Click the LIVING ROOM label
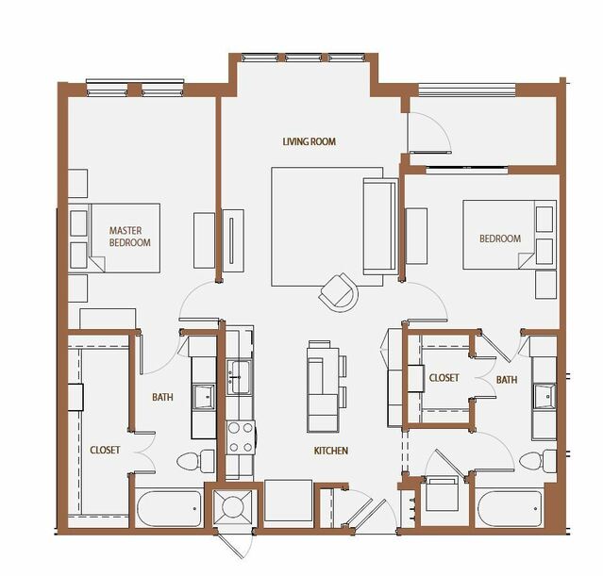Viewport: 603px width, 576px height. point(310,141)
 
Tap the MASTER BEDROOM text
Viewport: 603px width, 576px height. point(129,237)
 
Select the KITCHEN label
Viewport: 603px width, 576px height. point(330,451)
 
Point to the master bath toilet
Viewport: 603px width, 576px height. point(195,460)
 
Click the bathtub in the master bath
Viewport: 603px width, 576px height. point(169,508)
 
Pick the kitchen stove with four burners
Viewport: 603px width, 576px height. point(241,437)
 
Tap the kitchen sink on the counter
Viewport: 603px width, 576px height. point(240,376)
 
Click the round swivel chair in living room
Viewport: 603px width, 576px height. point(339,292)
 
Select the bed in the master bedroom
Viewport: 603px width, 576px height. point(114,239)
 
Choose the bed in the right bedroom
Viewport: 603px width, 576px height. point(510,235)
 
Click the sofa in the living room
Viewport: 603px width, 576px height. point(380,226)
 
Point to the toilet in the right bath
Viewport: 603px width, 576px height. point(538,460)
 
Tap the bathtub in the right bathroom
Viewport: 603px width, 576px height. point(510,508)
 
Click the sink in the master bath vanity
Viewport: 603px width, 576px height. point(204,397)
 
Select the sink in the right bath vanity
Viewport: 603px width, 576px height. point(544,396)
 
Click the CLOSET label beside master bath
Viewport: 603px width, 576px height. point(105,450)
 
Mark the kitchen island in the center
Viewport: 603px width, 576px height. point(323,387)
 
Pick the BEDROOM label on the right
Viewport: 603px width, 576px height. point(500,239)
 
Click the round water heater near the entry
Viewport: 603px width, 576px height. point(233,507)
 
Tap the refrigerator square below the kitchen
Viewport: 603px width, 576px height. point(289,501)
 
